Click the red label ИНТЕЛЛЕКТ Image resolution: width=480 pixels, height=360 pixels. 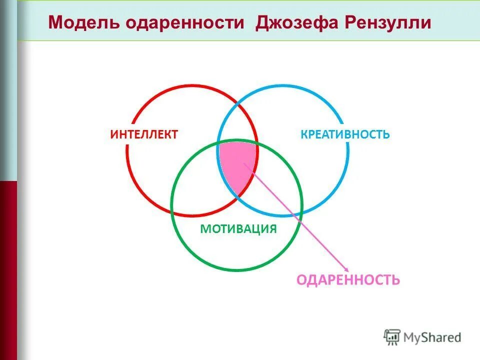[144, 134]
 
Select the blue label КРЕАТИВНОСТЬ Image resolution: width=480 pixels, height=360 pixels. [345, 134]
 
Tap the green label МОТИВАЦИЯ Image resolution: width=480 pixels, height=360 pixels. [238, 229]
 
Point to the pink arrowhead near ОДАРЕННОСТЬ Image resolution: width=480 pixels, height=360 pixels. [346, 269]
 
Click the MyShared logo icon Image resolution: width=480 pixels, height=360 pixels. [392, 337]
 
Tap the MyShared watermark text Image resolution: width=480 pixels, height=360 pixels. [432, 337]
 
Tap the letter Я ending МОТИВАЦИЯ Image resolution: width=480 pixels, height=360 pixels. [272, 229]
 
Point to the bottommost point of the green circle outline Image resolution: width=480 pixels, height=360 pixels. [236, 270]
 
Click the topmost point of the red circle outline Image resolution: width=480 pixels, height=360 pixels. [192, 85]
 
